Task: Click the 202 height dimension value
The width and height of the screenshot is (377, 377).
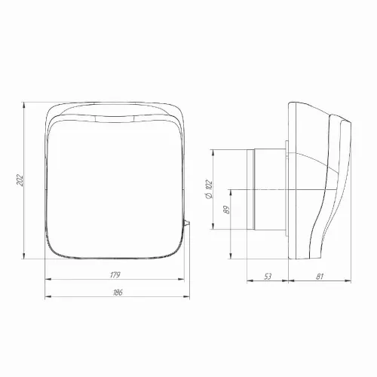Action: click(x=20, y=180)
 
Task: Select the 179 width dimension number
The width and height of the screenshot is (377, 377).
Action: click(x=115, y=275)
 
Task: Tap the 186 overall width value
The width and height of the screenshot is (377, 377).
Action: click(x=118, y=293)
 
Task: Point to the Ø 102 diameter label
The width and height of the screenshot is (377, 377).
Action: click(x=209, y=189)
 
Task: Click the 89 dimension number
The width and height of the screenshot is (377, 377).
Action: click(x=226, y=210)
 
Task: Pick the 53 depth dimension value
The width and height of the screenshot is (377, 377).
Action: click(x=268, y=276)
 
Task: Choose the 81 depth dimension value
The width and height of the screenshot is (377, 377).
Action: click(x=319, y=277)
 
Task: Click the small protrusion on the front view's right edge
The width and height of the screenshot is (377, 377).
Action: click(x=187, y=223)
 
